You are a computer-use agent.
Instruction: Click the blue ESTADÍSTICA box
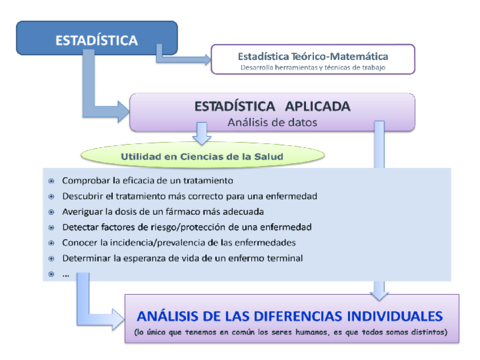(97, 40)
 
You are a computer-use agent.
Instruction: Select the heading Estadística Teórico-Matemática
(314, 56)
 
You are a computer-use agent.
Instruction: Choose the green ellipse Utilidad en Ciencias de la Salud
(203, 157)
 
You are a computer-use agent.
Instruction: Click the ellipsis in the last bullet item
(65, 273)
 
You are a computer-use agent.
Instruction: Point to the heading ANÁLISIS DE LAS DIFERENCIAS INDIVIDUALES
(290, 313)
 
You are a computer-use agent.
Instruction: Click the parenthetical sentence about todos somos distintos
(290, 332)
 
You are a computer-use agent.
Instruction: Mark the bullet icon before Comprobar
(51, 181)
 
